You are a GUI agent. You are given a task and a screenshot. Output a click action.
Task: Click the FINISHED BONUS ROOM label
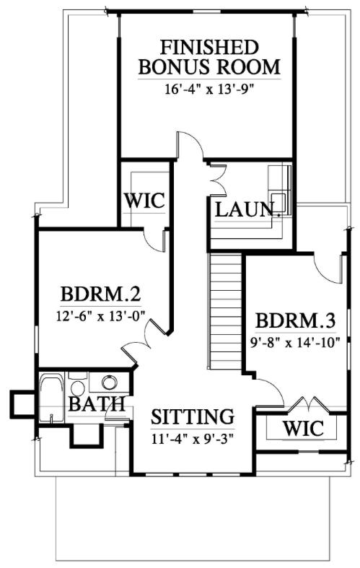click(209, 57)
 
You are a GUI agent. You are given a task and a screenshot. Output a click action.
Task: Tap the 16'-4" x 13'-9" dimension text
click(208, 89)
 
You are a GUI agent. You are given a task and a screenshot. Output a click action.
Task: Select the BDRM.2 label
click(101, 294)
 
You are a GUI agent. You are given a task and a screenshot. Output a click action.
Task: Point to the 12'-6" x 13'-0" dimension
click(100, 316)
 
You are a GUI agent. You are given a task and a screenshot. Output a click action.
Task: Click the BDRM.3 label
click(296, 320)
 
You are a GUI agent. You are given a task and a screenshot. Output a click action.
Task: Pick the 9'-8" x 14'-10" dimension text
click(295, 342)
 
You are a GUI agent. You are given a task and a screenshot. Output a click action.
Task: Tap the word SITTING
click(193, 416)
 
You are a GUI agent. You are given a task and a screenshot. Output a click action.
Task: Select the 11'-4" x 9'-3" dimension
click(192, 440)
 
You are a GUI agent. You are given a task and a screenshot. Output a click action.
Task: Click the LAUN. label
click(248, 209)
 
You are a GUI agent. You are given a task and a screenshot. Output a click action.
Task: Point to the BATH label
click(97, 404)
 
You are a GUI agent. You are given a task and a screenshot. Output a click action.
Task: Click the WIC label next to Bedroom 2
click(144, 201)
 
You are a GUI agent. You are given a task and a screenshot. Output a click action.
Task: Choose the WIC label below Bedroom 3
click(303, 429)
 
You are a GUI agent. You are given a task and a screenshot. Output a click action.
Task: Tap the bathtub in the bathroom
click(51, 398)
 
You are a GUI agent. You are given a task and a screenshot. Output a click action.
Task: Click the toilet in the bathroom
click(77, 385)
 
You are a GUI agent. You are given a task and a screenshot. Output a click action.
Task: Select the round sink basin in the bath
click(110, 382)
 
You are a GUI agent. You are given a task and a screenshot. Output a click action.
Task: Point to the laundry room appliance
click(279, 191)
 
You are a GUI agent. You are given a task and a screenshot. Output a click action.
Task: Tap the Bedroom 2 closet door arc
click(154, 241)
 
